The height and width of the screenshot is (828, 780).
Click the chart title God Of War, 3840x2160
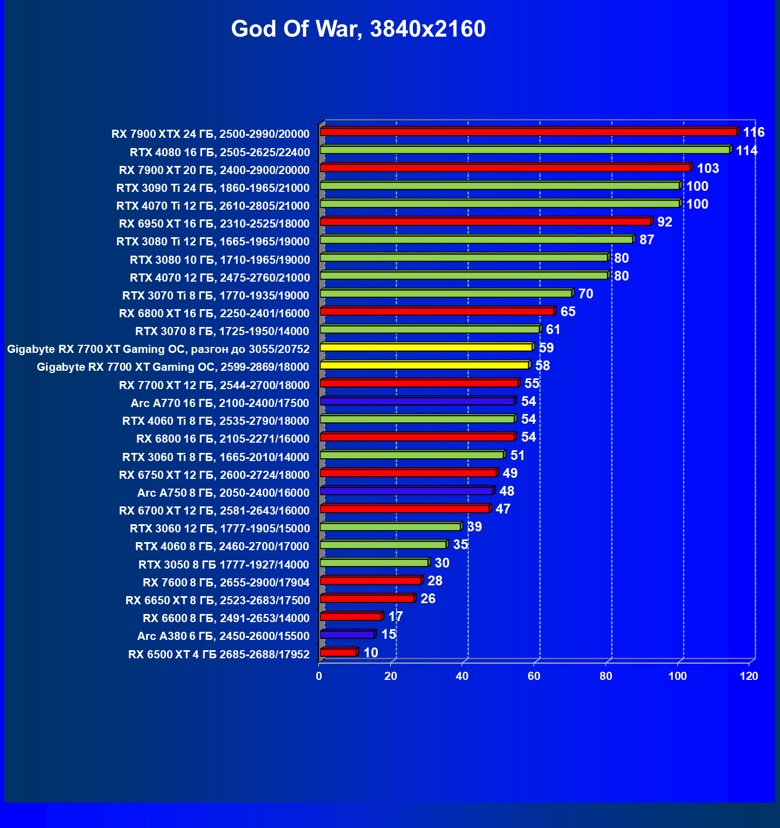click(x=358, y=29)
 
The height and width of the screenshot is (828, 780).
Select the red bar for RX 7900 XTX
click(x=528, y=132)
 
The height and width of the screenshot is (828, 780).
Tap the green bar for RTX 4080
click(x=525, y=150)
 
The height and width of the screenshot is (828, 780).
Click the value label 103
click(x=708, y=168)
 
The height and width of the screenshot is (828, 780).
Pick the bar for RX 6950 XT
click(x=485, y=222)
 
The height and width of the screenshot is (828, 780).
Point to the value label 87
click(x=646, y=239)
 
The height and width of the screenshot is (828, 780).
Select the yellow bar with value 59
click(x=426, y=347)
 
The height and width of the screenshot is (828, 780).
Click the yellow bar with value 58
click(x=424, y=365)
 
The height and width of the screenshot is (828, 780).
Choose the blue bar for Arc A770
click(x=417, y=401)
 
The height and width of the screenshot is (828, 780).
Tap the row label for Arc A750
click(x=223, y=492)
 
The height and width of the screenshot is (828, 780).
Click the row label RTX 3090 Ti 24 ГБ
click(x=213, y=188)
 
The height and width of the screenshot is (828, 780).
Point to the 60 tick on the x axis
click(x=534, y=676)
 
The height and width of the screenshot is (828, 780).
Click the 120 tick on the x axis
click(x=749, y=676)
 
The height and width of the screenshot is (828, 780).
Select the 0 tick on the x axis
click(x=319, y=676)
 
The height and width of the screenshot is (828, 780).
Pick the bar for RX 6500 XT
click(x=338, y=652)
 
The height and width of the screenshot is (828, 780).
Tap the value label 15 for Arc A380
click(x=389, y=634)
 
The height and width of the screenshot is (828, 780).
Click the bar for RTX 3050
click(x=374, y=563)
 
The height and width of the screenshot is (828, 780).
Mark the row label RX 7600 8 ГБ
click(x=226, y=583)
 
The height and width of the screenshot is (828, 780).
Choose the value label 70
click(x=585, y=293)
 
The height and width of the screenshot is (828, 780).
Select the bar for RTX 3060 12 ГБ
click(x=390, y=526)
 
